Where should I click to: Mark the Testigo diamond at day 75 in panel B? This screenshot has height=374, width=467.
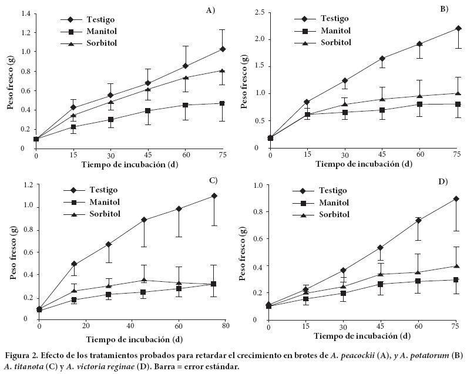coord(458,28)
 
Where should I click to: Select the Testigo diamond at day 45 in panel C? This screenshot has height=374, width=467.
coord(144,220)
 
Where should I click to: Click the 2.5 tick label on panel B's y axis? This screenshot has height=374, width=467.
coord(258,12)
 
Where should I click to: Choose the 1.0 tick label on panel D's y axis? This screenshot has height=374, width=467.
coord(257,186)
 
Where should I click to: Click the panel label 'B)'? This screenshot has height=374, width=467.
coord(444,9)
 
